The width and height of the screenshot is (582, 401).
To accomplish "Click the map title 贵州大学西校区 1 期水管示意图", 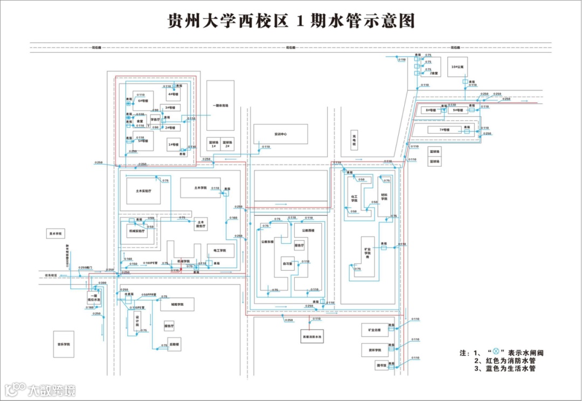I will [x=292, y=22].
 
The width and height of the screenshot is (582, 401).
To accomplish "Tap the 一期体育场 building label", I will [x=221, y=106].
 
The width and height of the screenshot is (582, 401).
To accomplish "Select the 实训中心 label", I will [x=281, y=134].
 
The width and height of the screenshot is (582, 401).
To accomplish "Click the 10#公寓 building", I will [x=458, y=67].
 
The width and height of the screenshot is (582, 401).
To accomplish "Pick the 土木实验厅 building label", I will [x=144, y=191].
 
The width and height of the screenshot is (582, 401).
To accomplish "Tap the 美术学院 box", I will [x=56, y=234].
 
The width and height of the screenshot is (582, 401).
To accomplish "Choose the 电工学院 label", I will [x=220, y=250].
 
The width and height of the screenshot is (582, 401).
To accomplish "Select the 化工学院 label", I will [x=354, y=199].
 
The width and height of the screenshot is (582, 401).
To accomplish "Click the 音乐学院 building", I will [x=65, y=343].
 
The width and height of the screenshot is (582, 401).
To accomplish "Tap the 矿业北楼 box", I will [x=375, y=329].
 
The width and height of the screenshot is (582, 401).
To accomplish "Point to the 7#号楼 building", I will [x=445, y=130].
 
